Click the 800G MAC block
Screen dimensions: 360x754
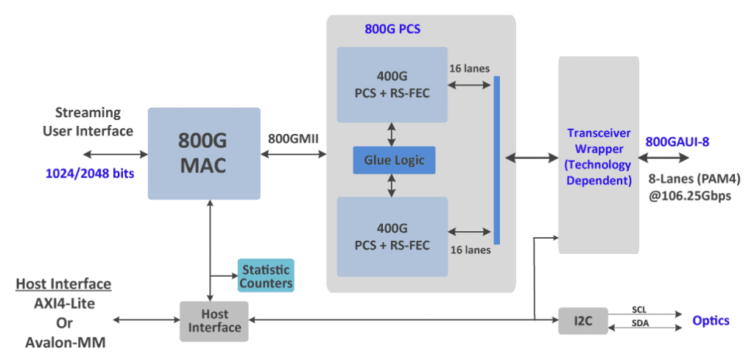click(x=204, y=153)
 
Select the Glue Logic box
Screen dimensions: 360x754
click(x=393, y=160)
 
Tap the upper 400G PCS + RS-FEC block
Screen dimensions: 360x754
click(x=392, y=85)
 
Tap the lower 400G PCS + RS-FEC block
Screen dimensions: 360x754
click(x=392, y=236)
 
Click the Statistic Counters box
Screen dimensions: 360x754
click(x=265, y=275)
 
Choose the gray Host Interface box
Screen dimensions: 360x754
click(x=214, y=321)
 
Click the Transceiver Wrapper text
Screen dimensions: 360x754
click(x=598, y=157)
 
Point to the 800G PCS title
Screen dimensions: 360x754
click(x=392, y=30)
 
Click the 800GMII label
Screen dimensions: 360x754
click(x=292, y=138)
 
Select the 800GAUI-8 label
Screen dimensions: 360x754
click(x=677, y=141)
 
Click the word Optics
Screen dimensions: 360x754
click(x=711, y=320)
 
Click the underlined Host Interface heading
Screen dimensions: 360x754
click(x=63, y=284)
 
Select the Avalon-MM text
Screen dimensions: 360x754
click(x=63, y=342)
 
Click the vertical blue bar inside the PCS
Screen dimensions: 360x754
click(x=496, y=160)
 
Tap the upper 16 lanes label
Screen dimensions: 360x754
click(x=469, y=68)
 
